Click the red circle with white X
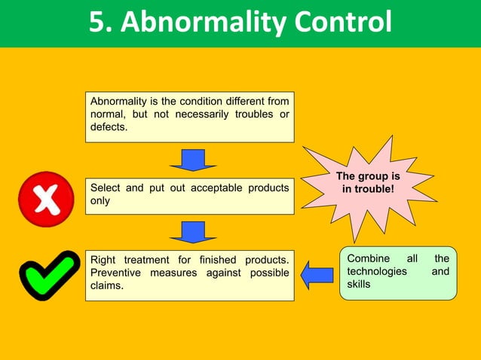tap(47, 199)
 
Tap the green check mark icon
tap(47, 275)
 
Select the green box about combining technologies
tap(397, 273)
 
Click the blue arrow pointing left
tap(317, 274)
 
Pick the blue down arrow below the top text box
tap(193, 160)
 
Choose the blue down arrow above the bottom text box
tap(193, 231)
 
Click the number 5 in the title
tap(97, 23)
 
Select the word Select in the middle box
tap(106, 188)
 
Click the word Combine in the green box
tap(369, 259)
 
